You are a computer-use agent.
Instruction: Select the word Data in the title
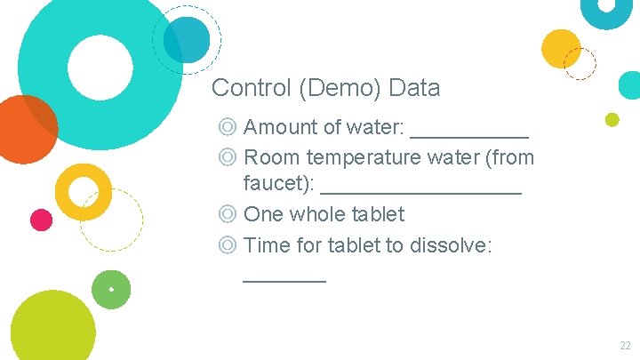[414, 88]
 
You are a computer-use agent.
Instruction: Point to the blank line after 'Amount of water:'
[469, 135]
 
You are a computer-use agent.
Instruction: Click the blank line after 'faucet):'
[420, 192]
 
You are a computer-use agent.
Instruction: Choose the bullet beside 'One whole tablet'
[228, 214]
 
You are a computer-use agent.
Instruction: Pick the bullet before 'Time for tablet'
[228, 244]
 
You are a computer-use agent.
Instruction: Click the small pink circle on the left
[41, 220]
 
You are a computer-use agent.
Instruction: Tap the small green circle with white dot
[111, 289]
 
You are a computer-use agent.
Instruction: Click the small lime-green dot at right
[612, 119]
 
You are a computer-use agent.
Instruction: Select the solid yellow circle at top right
[561, 49]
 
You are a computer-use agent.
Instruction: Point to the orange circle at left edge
[24, 129]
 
